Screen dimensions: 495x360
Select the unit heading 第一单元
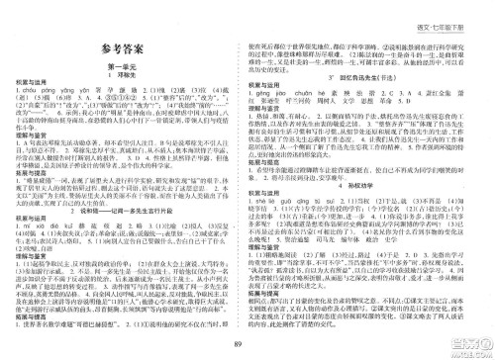(127, 66)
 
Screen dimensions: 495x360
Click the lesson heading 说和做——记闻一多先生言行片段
(130, 189)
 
